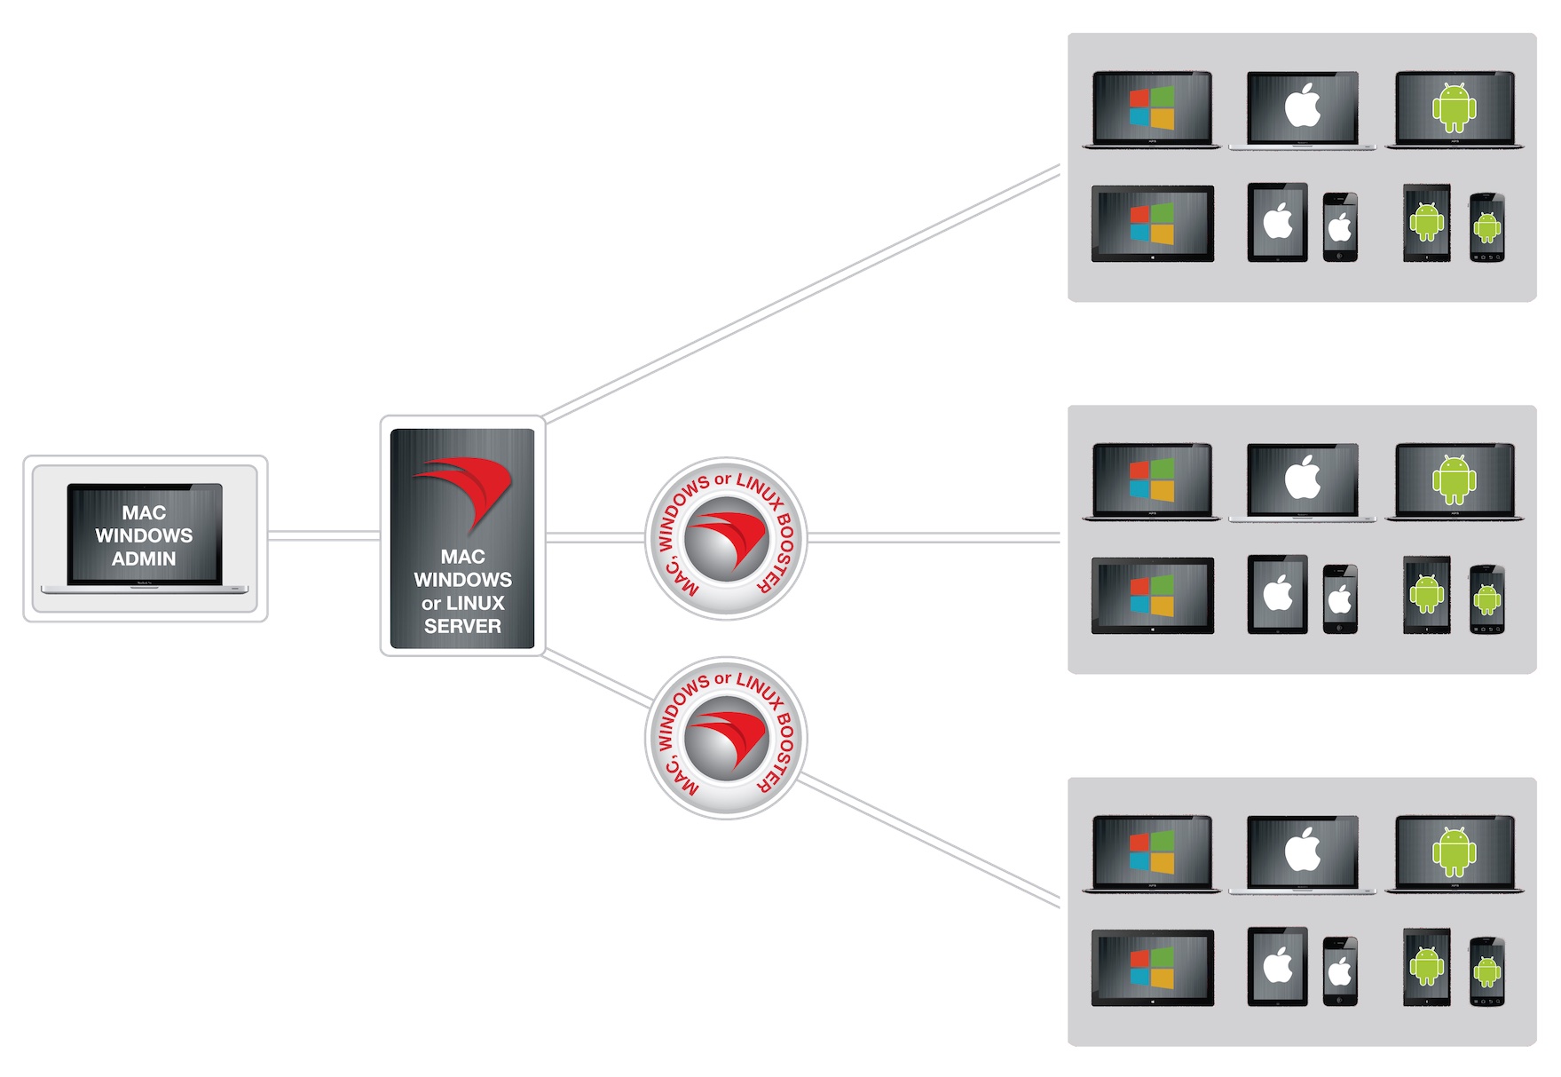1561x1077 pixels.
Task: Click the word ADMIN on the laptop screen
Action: [144, 558]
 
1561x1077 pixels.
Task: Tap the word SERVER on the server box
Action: [462, 626]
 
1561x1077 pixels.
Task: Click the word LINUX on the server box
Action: [475, 603]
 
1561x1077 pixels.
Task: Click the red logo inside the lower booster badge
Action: [728, 740]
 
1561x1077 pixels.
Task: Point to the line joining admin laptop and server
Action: [324, 535]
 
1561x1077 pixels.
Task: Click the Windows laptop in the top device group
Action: [1152, 109]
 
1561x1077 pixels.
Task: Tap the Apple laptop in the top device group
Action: [1302, 109]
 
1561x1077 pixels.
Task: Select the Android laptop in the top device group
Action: [1455, 109]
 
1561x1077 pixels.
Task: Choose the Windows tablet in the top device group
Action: [1152, 223]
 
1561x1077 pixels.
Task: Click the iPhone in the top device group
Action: [1340, 227]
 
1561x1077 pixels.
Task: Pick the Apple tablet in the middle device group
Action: [1277, 594]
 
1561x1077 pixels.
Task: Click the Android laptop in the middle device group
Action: [1455, 481]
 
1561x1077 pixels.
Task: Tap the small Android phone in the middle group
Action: [1487, 599]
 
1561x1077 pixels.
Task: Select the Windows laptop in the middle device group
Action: [1152, 481]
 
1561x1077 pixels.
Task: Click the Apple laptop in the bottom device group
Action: [1302, 853]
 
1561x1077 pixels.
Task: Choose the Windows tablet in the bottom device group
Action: [1152, 967]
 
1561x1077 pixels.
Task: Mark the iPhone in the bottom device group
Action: [1340, 971]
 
